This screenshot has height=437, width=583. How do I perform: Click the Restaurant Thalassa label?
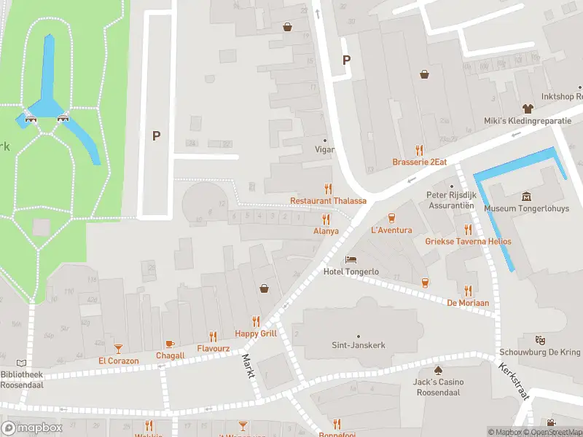point(328,200)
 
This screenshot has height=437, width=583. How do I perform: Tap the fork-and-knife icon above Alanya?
point(326,219)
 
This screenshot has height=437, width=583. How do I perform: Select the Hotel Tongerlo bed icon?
point(351,259)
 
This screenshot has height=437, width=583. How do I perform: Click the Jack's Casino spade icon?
point(438,369)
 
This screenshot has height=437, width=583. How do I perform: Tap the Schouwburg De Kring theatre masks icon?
point(540,340)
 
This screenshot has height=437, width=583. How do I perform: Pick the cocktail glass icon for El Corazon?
point(118,348)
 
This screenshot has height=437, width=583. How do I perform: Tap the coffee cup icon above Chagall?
point(170,343)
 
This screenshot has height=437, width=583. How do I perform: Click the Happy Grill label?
point(256,334)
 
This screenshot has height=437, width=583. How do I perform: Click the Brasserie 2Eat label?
point(419,162)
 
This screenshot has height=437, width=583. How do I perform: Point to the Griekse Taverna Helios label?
point(469,241)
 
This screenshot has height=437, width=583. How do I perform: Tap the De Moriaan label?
point(467,302)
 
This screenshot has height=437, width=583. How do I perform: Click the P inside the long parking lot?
point(156,135)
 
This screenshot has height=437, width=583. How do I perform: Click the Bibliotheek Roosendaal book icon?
point(21,363)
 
